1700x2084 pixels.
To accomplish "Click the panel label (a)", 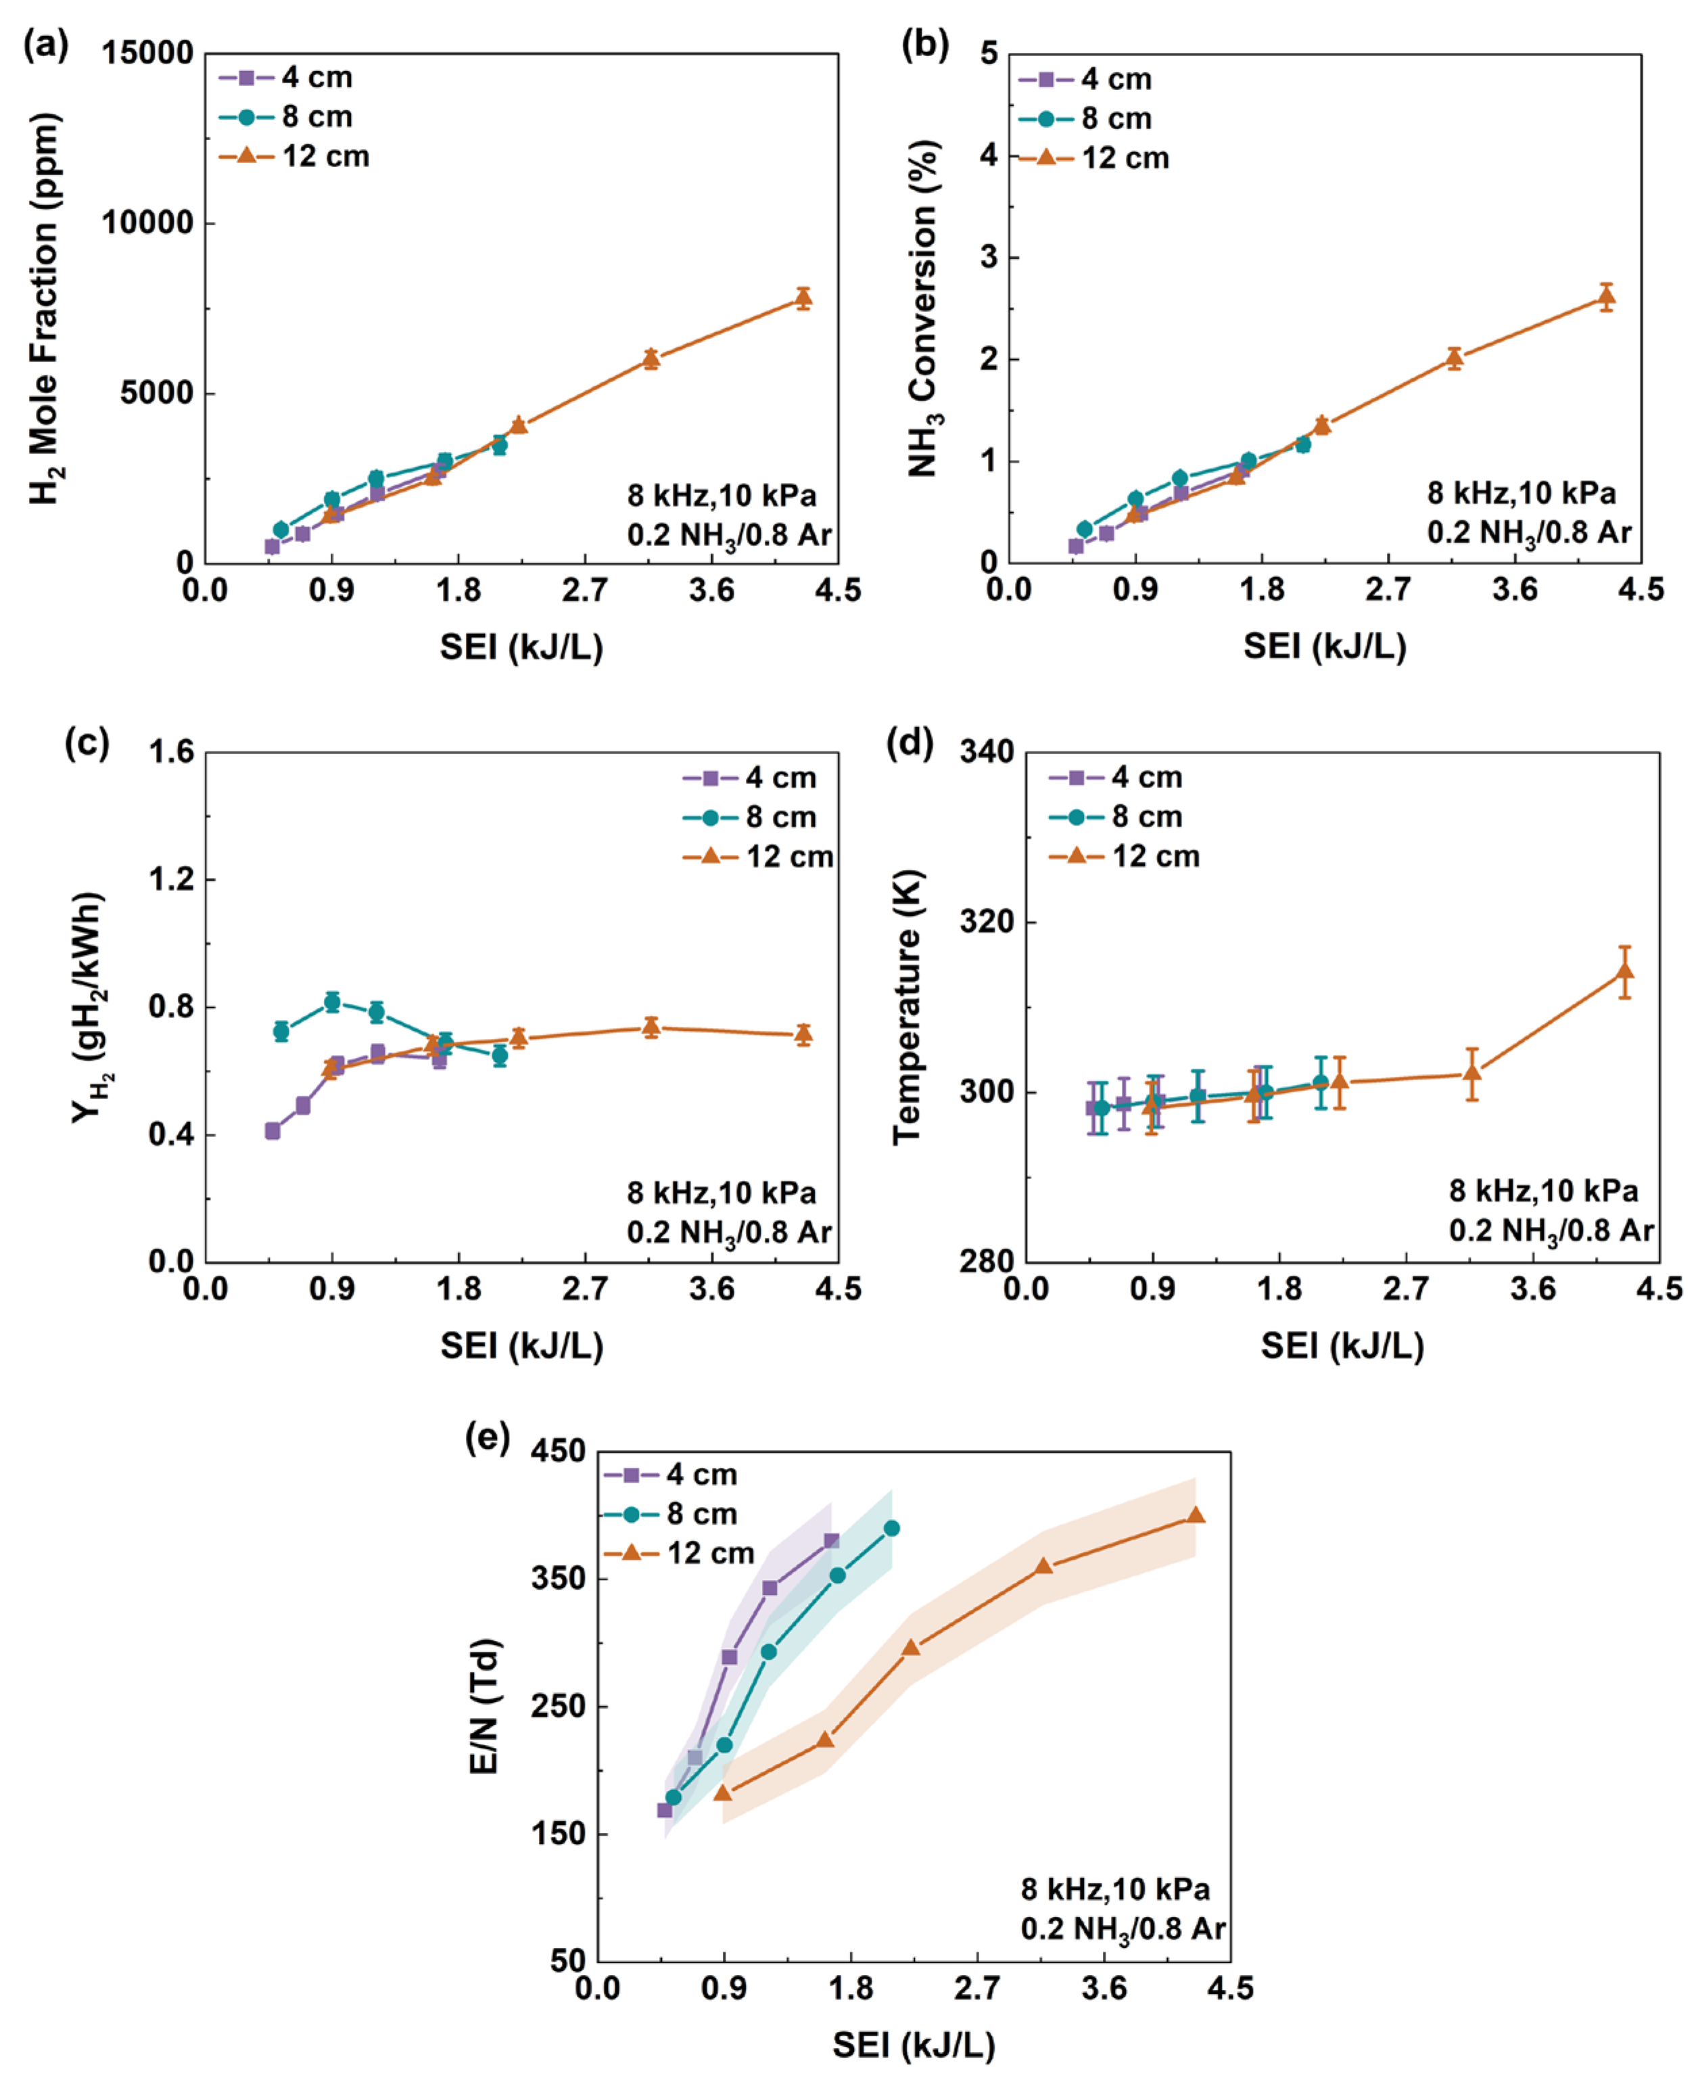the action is pyautogui.click(x=46, y=45).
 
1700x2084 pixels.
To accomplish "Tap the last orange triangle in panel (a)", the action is pyautogui.click(x=803, y=298).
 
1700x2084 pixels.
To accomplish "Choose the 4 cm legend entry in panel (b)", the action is pyautogui.click(x=1085, y=79).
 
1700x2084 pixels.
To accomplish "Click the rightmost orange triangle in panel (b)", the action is pyautogui.click(x=1606, y=297).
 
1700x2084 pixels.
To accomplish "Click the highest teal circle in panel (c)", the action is pyautogui.click(x=332, y=1002).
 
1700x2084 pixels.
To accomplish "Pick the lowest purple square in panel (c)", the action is pyautogui.click(x=273, y=1131).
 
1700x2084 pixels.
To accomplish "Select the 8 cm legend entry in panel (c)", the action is pyautogui.click(x=749, y=816).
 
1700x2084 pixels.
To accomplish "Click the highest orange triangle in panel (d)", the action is pyautogui.click(x=1624, y=971).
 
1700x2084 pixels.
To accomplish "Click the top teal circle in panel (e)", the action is pyautogui.click(x=891, y=1528).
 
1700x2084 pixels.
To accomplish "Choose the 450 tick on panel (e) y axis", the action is pyautogui.click(x=558, y=1452).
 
